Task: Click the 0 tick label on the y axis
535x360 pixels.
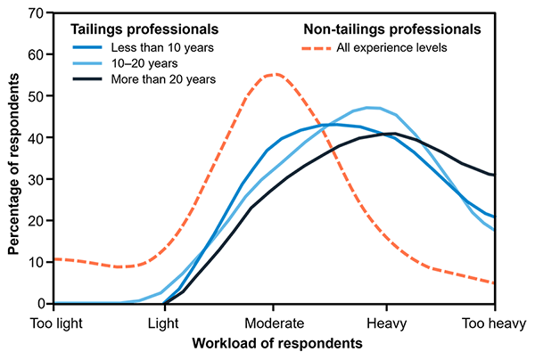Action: pyautogui.click(x=42, y=303)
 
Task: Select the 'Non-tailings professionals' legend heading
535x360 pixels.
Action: pyautogui.click(x=391, y=29)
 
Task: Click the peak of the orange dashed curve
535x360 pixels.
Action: pyautogui.click(x=273, y=74)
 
